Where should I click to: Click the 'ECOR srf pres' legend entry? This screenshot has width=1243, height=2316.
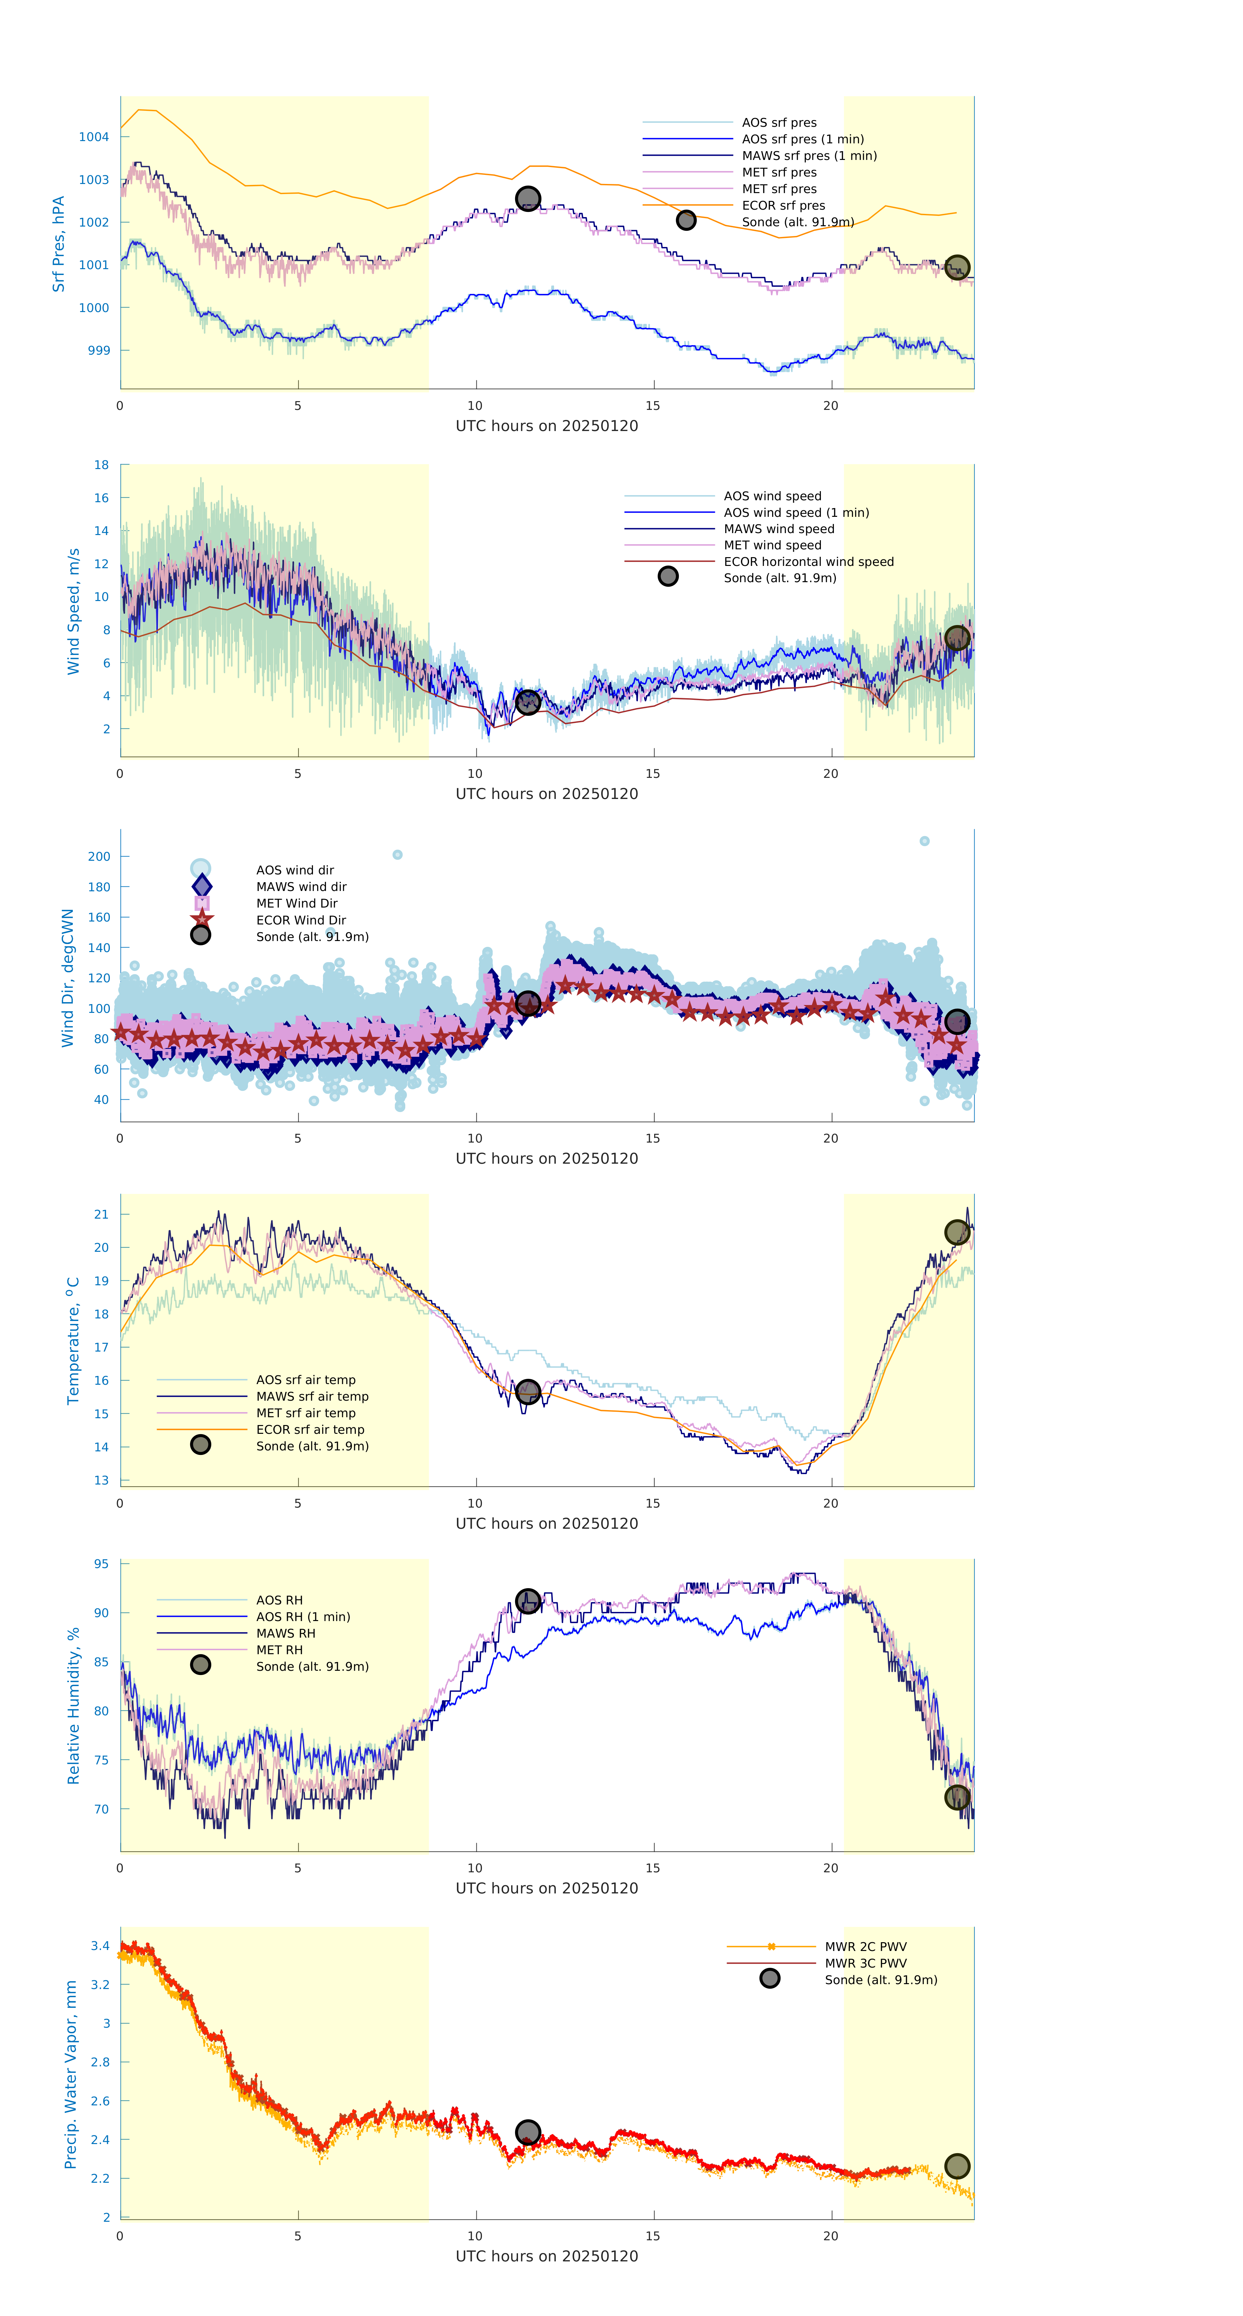783,205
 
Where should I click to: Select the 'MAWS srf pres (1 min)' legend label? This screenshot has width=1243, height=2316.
809,156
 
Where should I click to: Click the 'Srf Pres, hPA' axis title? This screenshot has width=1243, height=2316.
58,244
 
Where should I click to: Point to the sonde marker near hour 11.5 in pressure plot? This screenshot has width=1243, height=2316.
527,198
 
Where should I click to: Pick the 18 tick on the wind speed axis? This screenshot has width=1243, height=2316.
102,465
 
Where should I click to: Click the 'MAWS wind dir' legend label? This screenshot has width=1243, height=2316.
301,886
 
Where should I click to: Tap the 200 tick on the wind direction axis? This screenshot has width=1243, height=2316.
99,856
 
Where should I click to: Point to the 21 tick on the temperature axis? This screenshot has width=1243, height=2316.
102,1214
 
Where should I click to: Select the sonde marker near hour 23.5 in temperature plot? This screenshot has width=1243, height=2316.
957,1232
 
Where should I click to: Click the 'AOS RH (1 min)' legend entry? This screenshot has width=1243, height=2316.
303,1616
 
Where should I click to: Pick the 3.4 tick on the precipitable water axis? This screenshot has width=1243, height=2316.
100,1945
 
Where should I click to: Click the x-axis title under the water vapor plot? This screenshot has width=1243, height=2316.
547,2257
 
